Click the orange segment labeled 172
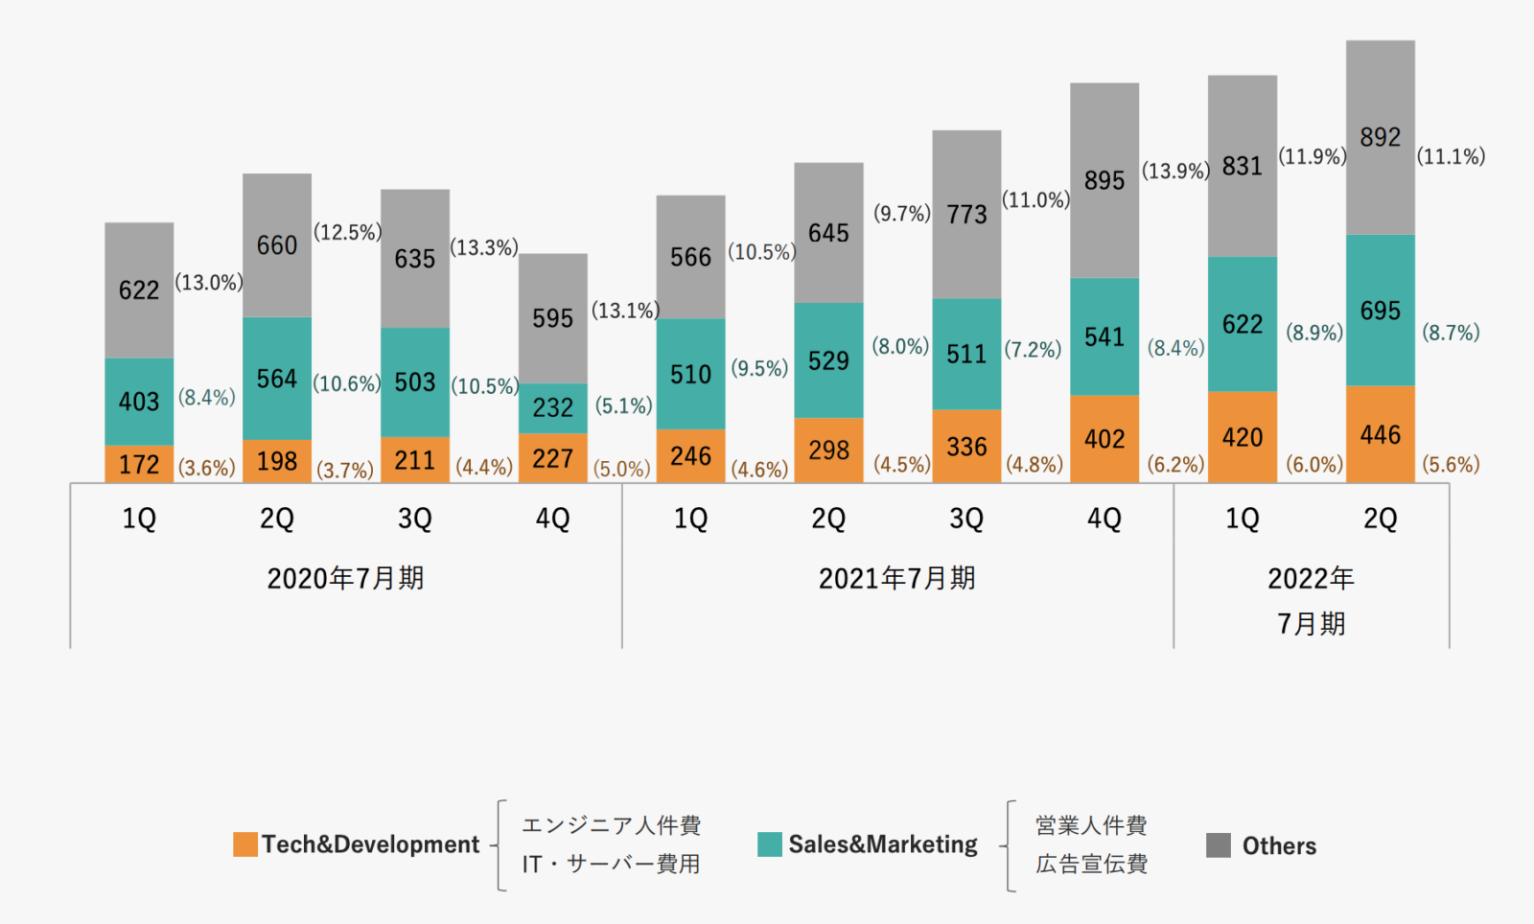tap(139, 464)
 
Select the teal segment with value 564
tap(277, 379)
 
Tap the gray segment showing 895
tap(1104, 180)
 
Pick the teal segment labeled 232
tap(553, 407)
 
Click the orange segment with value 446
tap(1380, 435)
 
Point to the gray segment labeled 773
tap(966, 214)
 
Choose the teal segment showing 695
tap(1380, 311)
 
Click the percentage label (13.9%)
tap(1175, 172)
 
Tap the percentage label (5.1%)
tap(623, 405)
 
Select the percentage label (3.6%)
tap(207, 468)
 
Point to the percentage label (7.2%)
tap(1033, 350)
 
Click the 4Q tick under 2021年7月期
tap(1104, 519)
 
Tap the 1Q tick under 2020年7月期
tap(139, 519)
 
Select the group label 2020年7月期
tap(345, 578)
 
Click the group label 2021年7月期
tap(896, 578)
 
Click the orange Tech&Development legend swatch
tap(245, 844)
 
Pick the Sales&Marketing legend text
tap(883, 844)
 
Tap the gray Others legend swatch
tap(1219, 845)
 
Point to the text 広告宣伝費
tap(1091, 864)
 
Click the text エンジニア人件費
tap(611, 825)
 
